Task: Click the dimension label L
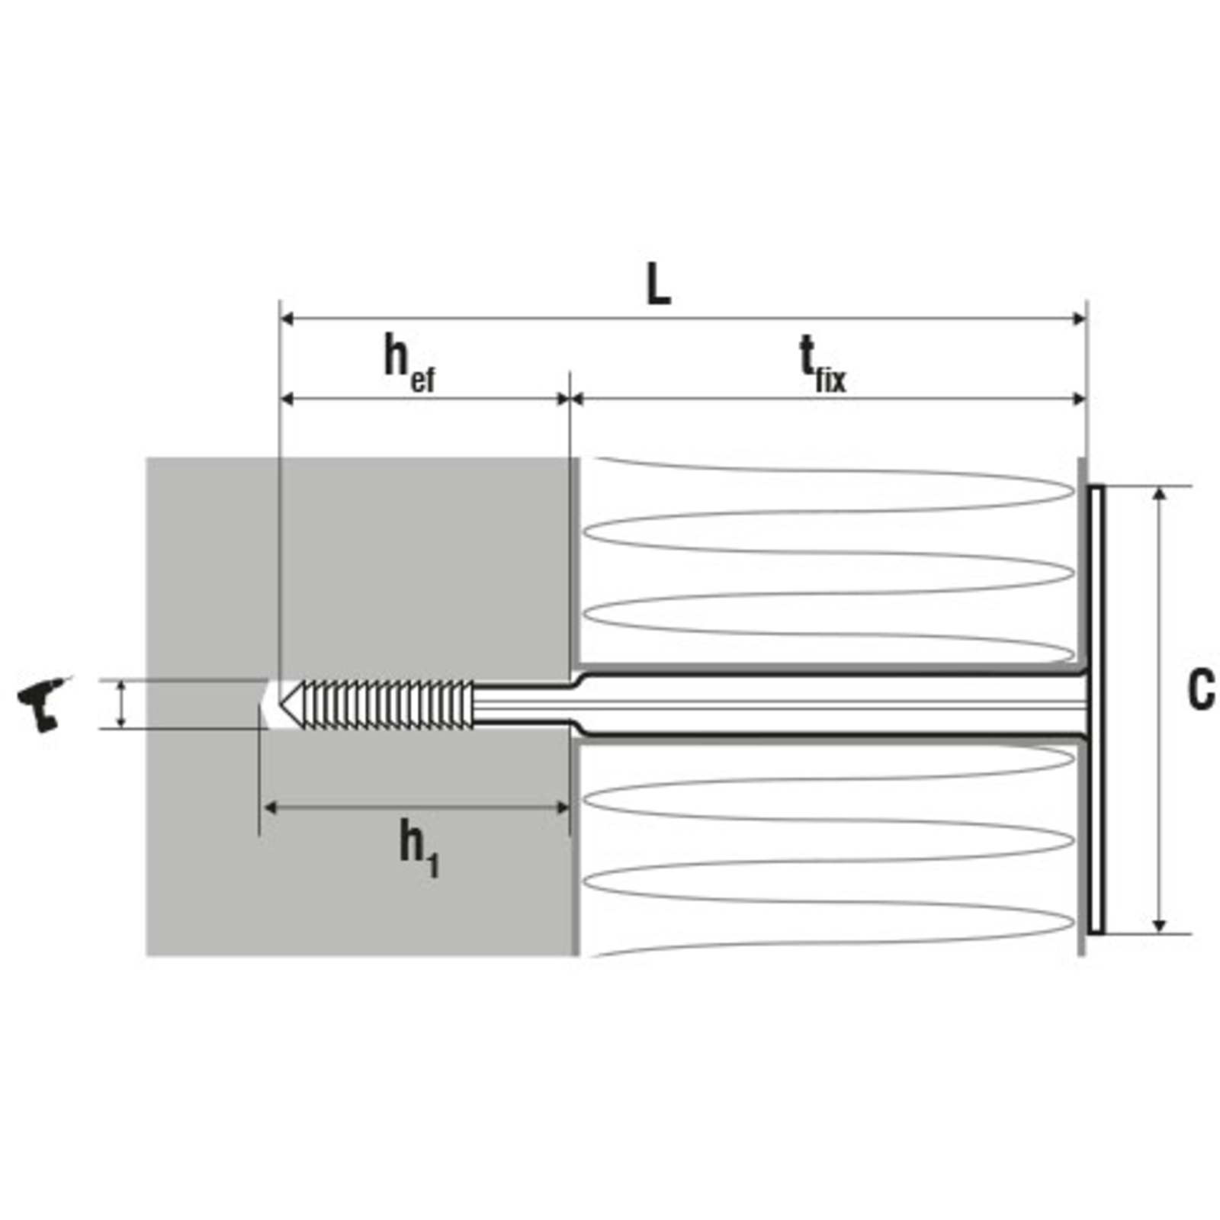[x=658, y=284]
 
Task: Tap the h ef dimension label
[x=409, y=364]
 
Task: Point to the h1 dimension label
[x=419, y=849]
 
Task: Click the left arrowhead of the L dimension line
[x=287, y=319]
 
